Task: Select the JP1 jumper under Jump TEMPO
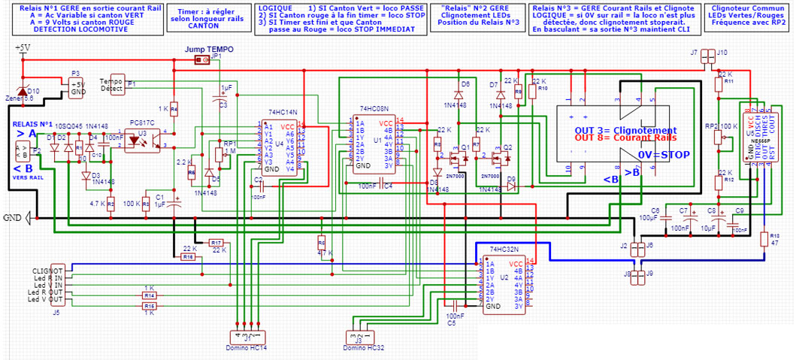pos(201,60)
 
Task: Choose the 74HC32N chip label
pos(504,249)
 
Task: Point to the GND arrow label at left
pos(16,218)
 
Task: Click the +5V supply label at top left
pos(22,48)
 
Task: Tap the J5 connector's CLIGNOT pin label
pos(47,269)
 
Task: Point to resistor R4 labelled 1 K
pos(174,110)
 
